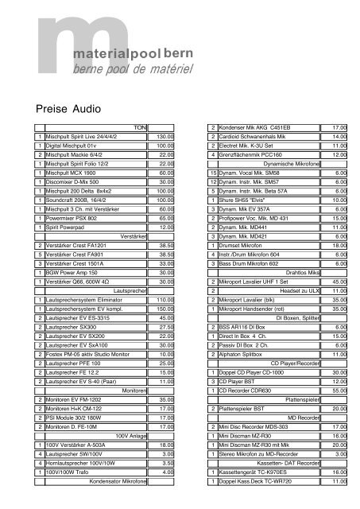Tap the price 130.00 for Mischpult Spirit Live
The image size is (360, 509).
[x=165, y=138]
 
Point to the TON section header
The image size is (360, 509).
[x=141, y=128]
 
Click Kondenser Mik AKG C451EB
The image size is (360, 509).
[x=254, y=128]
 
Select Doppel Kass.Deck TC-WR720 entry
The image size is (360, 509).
[x=258, y=481]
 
